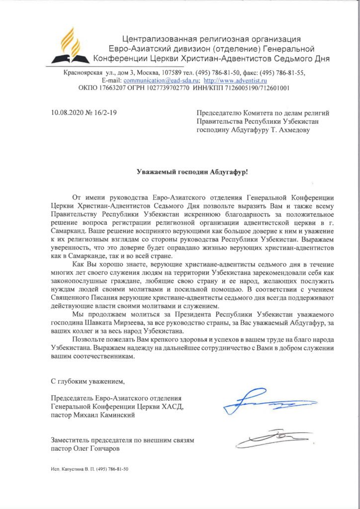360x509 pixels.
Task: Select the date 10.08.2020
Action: click(x=67, y=114)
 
